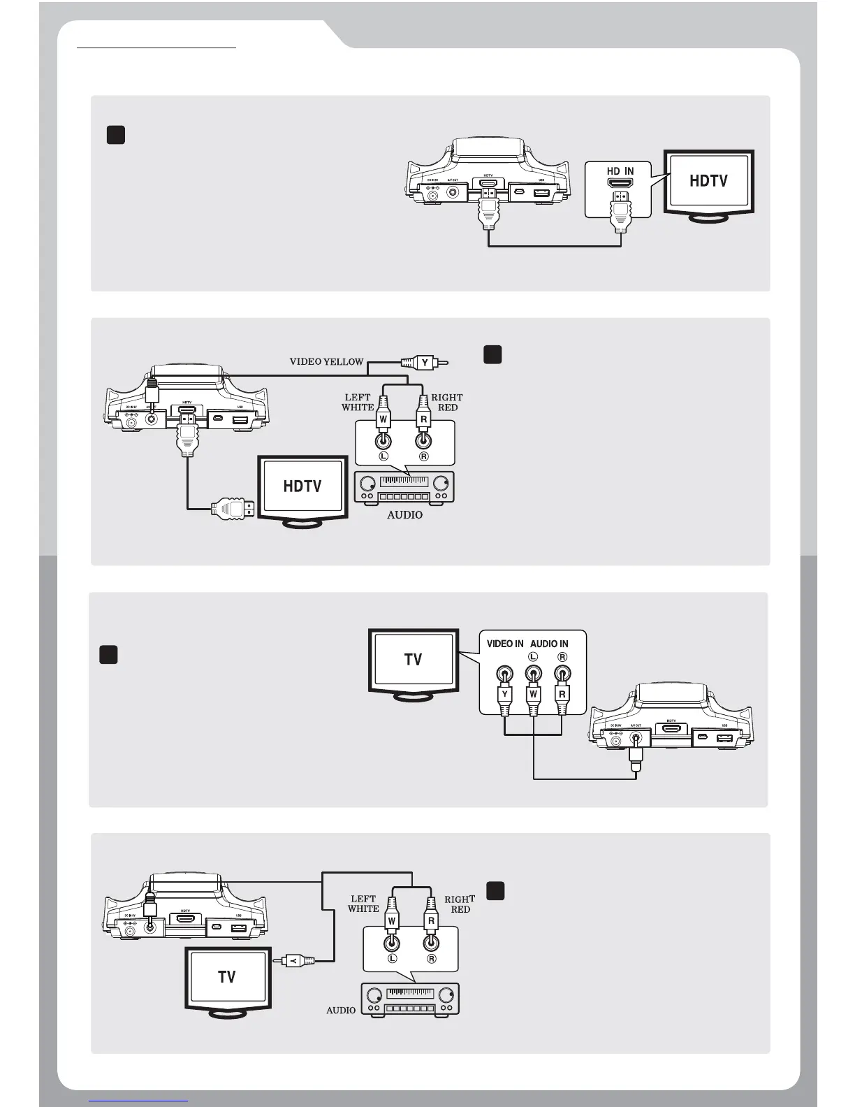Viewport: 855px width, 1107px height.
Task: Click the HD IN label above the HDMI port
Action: coord(620,171)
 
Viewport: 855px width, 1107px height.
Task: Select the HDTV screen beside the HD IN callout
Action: coord(709,181)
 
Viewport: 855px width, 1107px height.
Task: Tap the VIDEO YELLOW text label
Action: coord(326,362)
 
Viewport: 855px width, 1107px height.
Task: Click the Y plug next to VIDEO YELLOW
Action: coord(424,363)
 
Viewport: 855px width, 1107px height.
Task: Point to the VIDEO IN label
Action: coord(505,644)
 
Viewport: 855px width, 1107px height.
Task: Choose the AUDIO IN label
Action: coord(549,644)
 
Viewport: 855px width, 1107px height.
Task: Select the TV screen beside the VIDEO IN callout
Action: coord(414,660)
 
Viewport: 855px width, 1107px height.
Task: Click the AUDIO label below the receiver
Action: coord(404,515)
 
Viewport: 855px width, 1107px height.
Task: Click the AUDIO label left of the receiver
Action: coord(341,1011)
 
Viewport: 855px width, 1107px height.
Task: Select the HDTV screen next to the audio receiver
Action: coord(302,486)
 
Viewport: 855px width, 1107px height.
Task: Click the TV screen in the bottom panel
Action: coord(227,977)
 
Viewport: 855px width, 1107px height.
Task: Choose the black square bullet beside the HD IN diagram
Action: coord(115,135)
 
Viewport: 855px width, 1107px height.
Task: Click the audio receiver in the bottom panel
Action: coord(410,999)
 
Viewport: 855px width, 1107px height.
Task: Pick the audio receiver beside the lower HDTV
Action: coord(404,487)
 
